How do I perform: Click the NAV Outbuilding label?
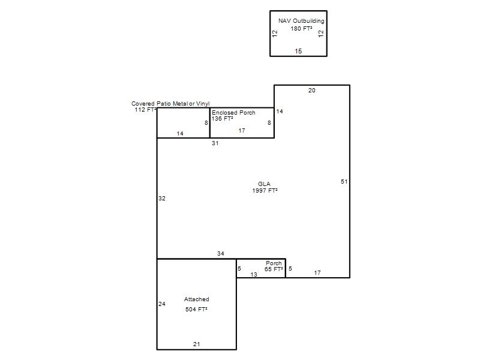pyautogui.click(x=301, y=21)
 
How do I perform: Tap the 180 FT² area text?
pyautogui.click(x=302, y=28)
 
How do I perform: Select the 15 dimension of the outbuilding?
pyautogui.click(x=298, y=51)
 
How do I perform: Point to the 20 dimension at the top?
pyautogui.click(x=311, y=91)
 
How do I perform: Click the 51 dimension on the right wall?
pyautogui.click(x=344, y=182)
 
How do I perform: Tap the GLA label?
pyautogui.click(x=264, y=184)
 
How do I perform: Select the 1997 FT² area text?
pyautogui.click(x=265, y=190)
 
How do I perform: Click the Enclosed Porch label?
pyautogui.click(x=233, y=113)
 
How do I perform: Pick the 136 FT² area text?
pyautogui.click(x=222, y=119)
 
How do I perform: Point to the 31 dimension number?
pyautogui.click(x=215, y=143)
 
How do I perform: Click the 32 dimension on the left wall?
pyautogui.click(x=162, y=199)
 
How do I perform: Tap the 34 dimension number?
pyautogui.click(x=221, y=253)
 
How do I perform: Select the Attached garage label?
pyautogui.click(x=197, y=299)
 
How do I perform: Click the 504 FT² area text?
pyautogui.click(x=196, y=310)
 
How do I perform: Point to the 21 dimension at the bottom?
pyautogui.click(x=197, y=344)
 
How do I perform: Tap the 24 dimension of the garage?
pyautogui.click(x=162, y=304)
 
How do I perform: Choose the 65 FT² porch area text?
pyautogui.click(x=274, y=269)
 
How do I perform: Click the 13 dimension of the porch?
pyautogui.click(x=254, y=275)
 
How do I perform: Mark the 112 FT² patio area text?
pyautogui.click(x=145, y=110)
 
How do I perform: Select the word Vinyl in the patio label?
pyautogui.click(x=203, y=104)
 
